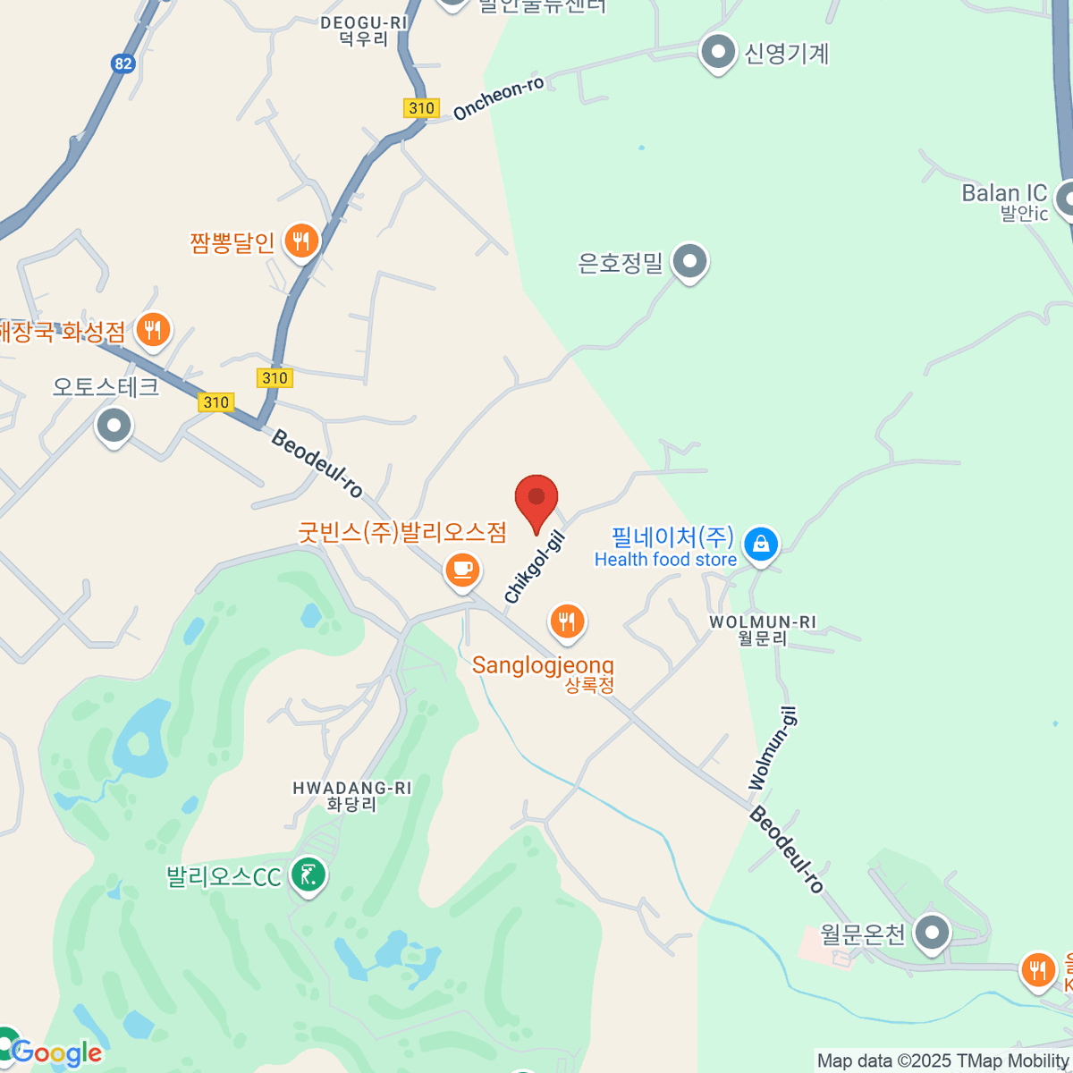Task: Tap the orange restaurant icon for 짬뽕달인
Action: [x=302, y=241]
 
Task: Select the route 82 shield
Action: [x=123, y=63]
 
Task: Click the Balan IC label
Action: [x=1004, y=194]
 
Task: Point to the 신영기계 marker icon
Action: [x=718, y=53]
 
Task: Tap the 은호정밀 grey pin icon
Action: [x=689, y=262]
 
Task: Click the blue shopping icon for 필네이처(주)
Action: [x=761, y=544]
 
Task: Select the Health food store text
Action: [x=665, y=560]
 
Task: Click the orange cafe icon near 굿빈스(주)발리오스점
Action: [x=462, y=570]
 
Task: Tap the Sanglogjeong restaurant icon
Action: [x=567, y=620]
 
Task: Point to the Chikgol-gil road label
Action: [x=535, y=566]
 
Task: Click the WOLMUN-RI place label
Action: [x=763, y=622]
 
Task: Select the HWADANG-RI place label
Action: [x=351, y=789]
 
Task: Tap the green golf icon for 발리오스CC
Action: [x=309, y=874]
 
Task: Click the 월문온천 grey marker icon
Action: [x=934, y=933]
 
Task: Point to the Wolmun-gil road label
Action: [x=773, y=749]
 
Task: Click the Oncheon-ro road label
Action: [x=498, y=98]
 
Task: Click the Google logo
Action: [x=56, y=1053]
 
